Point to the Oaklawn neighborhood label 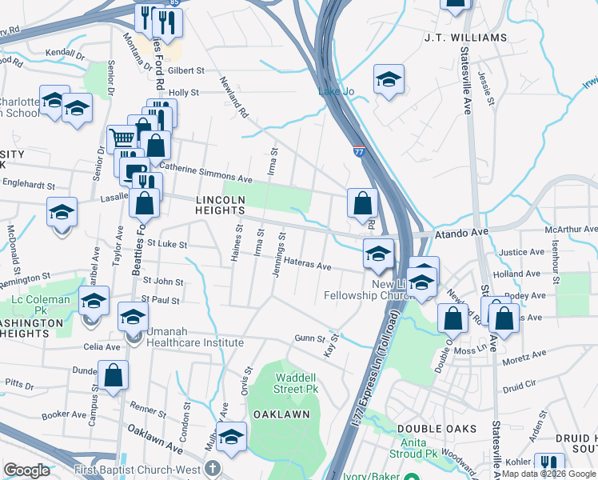281,415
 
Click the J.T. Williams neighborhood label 466,38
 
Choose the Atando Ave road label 460,234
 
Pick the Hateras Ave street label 307,265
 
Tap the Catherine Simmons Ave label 205,171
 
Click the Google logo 26,470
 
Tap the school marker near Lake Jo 389,79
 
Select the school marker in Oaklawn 231,436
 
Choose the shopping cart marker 122,138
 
